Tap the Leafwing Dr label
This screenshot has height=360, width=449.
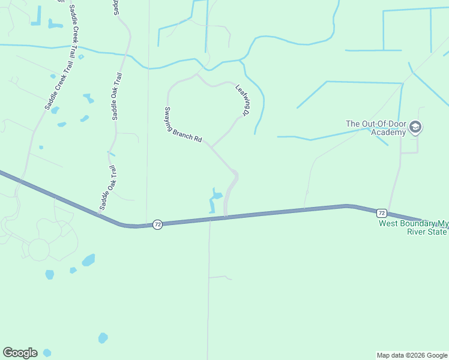[x=243, y=100]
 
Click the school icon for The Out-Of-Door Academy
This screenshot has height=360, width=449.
[x=415, y=128]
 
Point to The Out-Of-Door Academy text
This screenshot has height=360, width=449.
[x=376, y=128]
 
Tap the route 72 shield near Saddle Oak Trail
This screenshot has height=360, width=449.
[x=157, y=224]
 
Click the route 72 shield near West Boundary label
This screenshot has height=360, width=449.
[x=381, y=213]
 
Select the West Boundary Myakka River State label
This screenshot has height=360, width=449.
[x=413, y=227]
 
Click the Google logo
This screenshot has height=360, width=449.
[x=20, y=353]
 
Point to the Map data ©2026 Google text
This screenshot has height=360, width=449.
[x=411, y=355]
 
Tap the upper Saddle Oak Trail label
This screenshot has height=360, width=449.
[x=117, y=97]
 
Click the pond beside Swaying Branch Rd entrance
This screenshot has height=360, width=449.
[x=215, y=200]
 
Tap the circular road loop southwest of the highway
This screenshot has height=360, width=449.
[x=38, y=249]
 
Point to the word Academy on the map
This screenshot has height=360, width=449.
[x=388, y=132]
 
